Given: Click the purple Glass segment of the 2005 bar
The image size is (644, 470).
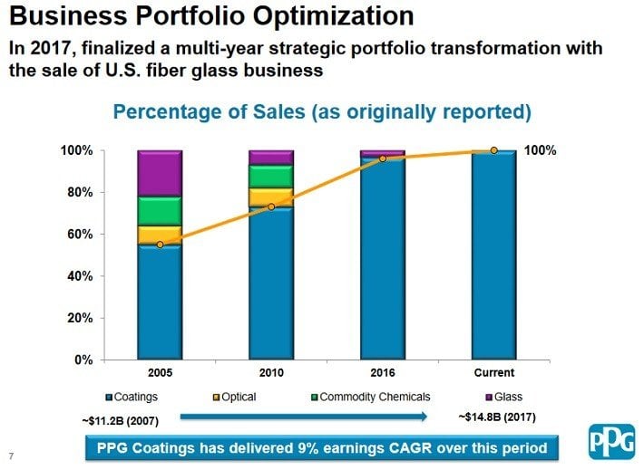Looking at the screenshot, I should tap(160, 173).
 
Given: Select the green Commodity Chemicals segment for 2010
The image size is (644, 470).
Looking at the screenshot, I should tap(271, 176).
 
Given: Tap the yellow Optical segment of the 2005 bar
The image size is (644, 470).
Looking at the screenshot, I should tap(160, 235).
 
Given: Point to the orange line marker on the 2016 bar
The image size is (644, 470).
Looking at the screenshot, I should tap(382, 158).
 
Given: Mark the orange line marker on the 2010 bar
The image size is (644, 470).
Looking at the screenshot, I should tap(271, 207).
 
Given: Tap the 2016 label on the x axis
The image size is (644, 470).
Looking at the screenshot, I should tap(382, 373).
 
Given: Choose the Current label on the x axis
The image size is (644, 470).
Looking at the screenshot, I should tap(493, 373).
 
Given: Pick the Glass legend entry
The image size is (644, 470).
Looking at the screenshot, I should tap(504, 397).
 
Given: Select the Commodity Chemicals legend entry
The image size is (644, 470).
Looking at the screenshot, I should tap(366, 397).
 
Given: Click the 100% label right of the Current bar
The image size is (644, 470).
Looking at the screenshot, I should tap(541, 151).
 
